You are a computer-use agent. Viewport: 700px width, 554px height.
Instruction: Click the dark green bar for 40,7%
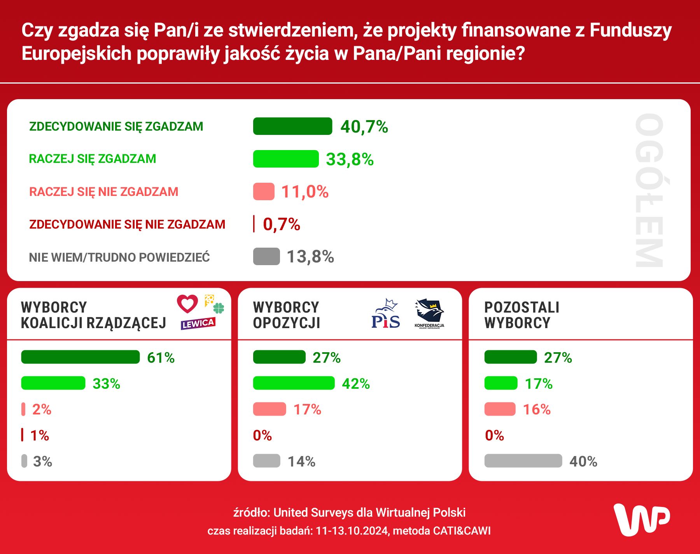tap(292, 126)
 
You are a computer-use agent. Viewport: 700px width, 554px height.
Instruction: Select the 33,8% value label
tap(349, 159)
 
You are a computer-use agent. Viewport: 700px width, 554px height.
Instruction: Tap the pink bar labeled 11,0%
tap(264, 192)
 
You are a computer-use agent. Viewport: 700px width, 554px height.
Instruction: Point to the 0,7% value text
tap(281, 224)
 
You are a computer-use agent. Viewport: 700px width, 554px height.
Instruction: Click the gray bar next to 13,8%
tap(266, 257)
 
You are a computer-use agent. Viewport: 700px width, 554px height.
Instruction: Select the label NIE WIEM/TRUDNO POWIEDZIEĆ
tap(119, 257)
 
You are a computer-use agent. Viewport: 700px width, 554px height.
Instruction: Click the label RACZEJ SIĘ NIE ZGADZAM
tap(103, 192)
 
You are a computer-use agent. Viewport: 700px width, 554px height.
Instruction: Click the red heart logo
tap(187, 304)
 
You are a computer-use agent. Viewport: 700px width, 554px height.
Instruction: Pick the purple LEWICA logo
tap(198, 323)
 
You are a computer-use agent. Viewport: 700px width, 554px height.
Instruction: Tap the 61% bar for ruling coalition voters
tap(80, 357)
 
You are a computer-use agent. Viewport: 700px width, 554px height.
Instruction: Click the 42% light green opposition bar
tap(294, 383)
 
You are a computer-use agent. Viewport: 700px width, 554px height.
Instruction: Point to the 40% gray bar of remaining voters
tap(523, 461)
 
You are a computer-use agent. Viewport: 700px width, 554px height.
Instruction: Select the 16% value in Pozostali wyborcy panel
tap(536, 409)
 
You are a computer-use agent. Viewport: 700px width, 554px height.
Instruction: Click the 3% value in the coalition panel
tap(42, 461)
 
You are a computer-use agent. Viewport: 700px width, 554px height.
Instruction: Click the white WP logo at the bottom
tap(641, 520)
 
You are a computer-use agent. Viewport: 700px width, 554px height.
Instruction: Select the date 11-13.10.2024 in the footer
tap(352, 531)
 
